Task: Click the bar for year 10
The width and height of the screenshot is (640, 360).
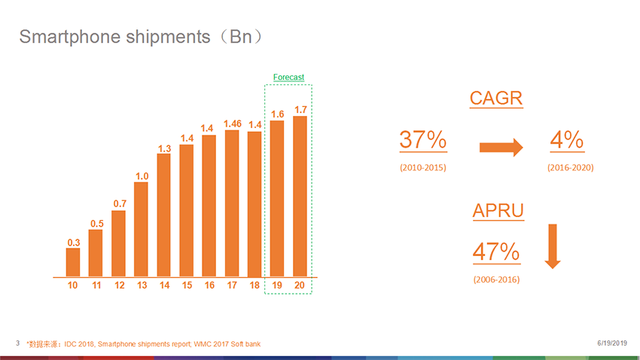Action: point(73,262)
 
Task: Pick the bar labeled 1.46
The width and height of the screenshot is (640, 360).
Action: point(232,203)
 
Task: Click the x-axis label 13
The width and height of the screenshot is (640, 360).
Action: point(141,285)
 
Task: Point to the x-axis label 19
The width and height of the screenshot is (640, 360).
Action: point(277,285)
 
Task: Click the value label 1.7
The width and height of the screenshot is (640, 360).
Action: point(300,109)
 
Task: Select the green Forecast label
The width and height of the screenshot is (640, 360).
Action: point(288,78)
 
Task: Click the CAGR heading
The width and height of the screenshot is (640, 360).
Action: point(496,99)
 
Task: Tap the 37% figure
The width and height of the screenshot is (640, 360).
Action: point(422,140)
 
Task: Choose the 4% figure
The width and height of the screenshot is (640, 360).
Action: point(567,140)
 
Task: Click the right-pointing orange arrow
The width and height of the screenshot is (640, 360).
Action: point(501,147)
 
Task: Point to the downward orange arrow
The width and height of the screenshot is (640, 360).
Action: point(553,246)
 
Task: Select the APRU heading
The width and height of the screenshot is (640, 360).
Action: point(498,210)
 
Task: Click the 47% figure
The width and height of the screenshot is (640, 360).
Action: point(495,252)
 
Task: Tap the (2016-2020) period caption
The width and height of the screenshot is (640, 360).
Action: point(570,167)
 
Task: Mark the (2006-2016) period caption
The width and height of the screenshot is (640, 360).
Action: point(496,279)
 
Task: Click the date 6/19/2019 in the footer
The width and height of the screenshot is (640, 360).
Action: point(611,343)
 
